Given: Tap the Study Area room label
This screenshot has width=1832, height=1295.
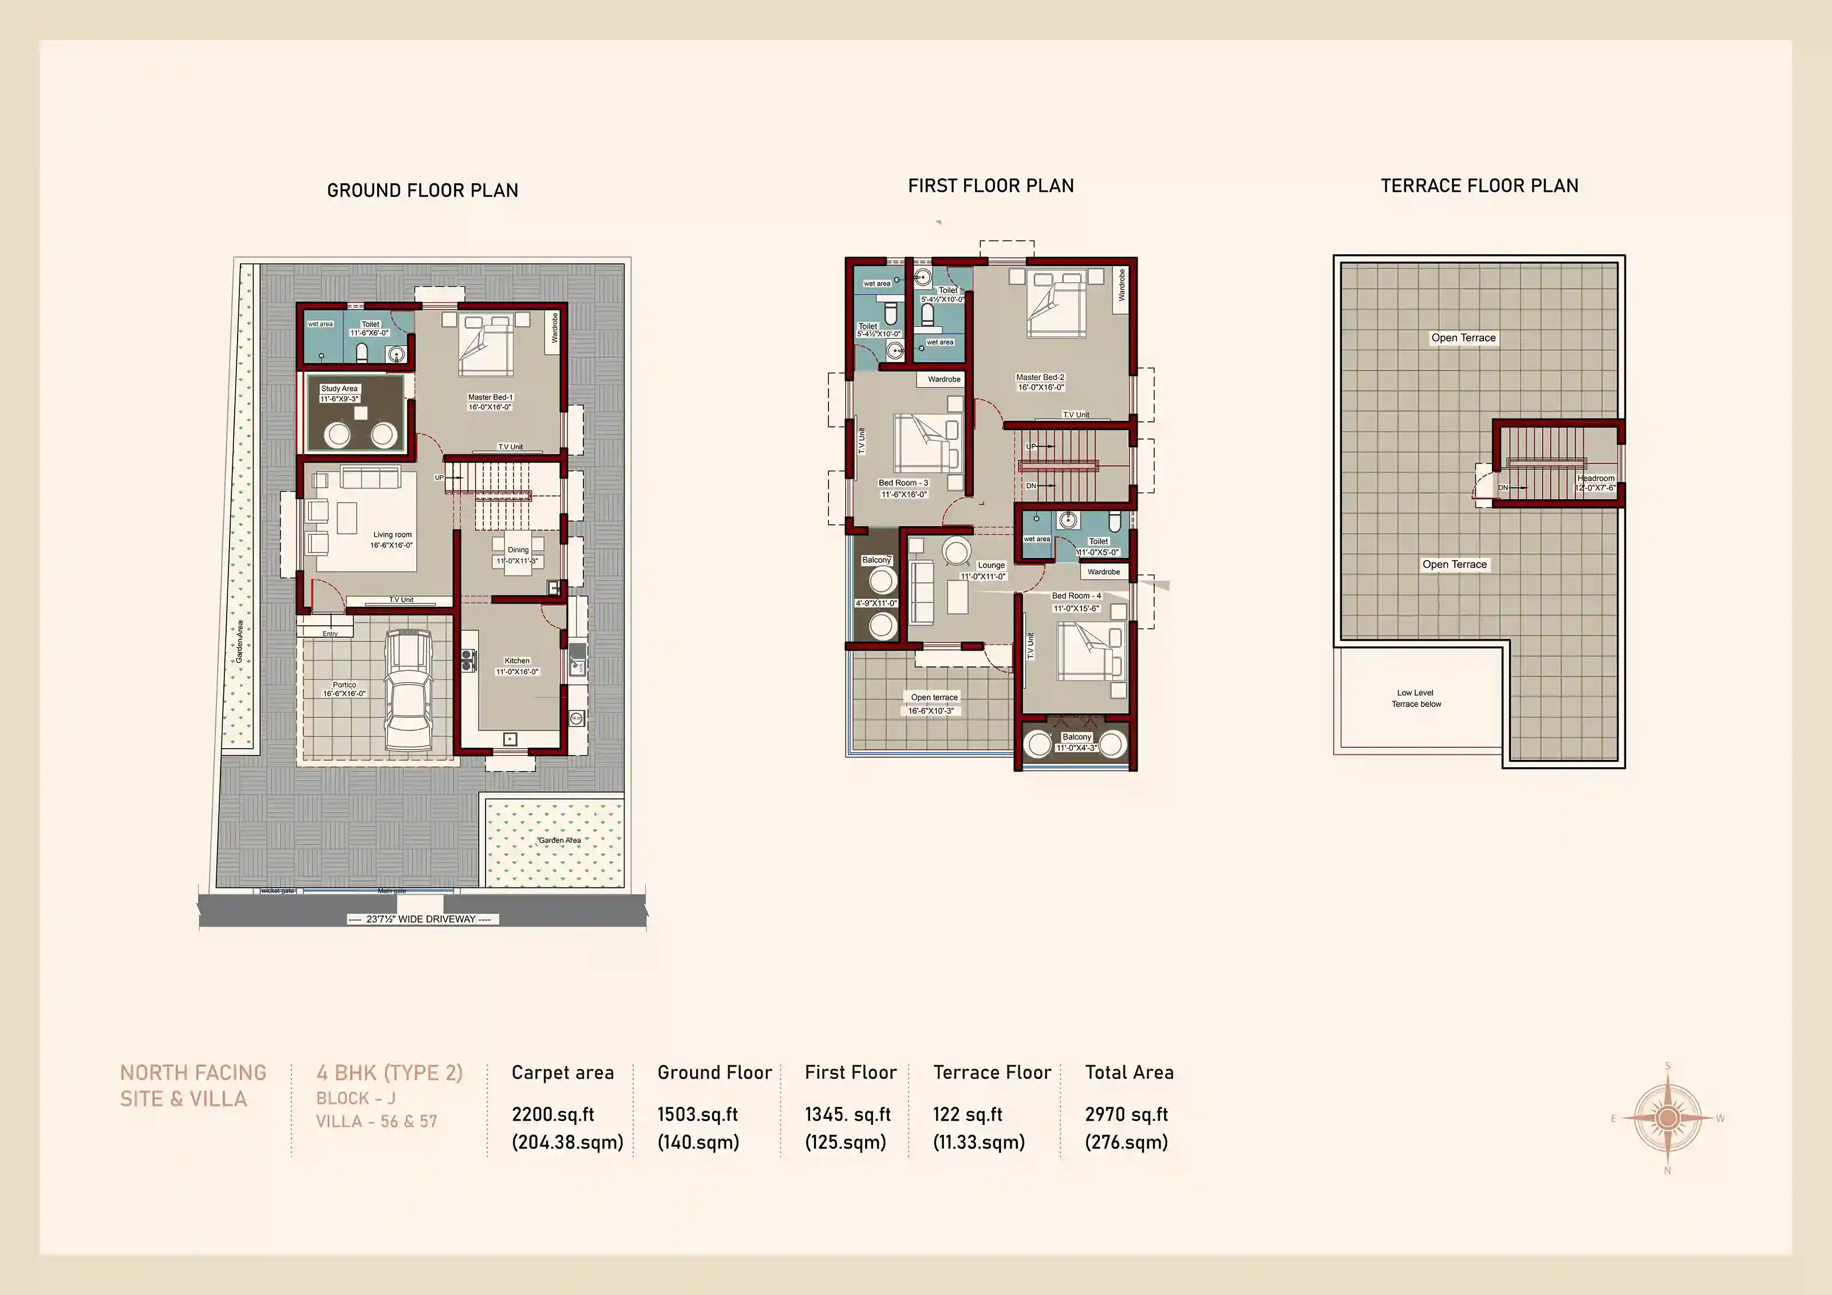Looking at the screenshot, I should pos(339,389).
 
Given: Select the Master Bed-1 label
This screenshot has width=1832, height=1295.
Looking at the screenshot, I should pos(490,397).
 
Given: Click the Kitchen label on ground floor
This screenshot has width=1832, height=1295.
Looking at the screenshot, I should pos(517,661).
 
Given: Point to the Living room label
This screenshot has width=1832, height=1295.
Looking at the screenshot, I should pos(393,535).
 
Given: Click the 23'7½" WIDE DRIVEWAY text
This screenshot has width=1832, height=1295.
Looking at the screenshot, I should pos(421,919).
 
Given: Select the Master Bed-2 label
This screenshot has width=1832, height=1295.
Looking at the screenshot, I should pos(1040,377).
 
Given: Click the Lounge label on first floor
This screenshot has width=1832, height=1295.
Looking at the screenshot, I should pos(991,565).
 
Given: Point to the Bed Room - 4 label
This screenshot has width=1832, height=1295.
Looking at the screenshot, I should pos(1076,596).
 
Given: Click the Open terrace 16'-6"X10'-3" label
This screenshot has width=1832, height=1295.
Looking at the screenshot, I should pos(934,704).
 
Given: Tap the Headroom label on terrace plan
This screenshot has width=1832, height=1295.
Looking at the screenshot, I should pos(1595,479).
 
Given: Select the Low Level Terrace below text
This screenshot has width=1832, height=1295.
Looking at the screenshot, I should pos(1416,698).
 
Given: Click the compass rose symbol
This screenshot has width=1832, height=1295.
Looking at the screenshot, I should pos(1667,1118).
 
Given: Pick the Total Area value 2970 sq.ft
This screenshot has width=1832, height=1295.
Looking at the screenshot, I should pos(1126,1115).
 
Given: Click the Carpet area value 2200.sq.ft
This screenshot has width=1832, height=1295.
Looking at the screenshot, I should pos(552,1115).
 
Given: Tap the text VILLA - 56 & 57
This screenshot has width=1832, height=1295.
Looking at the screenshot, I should pos(377,1121).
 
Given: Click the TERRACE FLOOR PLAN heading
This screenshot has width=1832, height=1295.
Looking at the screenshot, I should pos(1479,186).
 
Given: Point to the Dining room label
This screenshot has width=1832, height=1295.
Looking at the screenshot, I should pos(518,550).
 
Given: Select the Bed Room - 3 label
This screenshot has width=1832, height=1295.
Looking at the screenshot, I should pos(903,483).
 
